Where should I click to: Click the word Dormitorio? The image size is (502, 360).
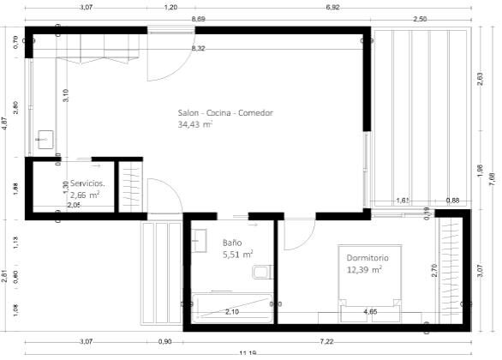coord(368,257)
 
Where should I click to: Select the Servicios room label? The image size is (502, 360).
coord(87,183)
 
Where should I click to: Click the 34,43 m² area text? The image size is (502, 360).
coord(195,124)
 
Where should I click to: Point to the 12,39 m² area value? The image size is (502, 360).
coord(364,269)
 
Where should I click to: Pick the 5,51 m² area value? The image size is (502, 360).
coord(237,255)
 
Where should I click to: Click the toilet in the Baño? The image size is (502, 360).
coord(262,272)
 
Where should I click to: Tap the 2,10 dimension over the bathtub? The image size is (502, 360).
coord(231,312)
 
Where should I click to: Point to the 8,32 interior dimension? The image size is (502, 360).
coord(198,48)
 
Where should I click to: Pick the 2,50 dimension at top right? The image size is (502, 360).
coord(420,18)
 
